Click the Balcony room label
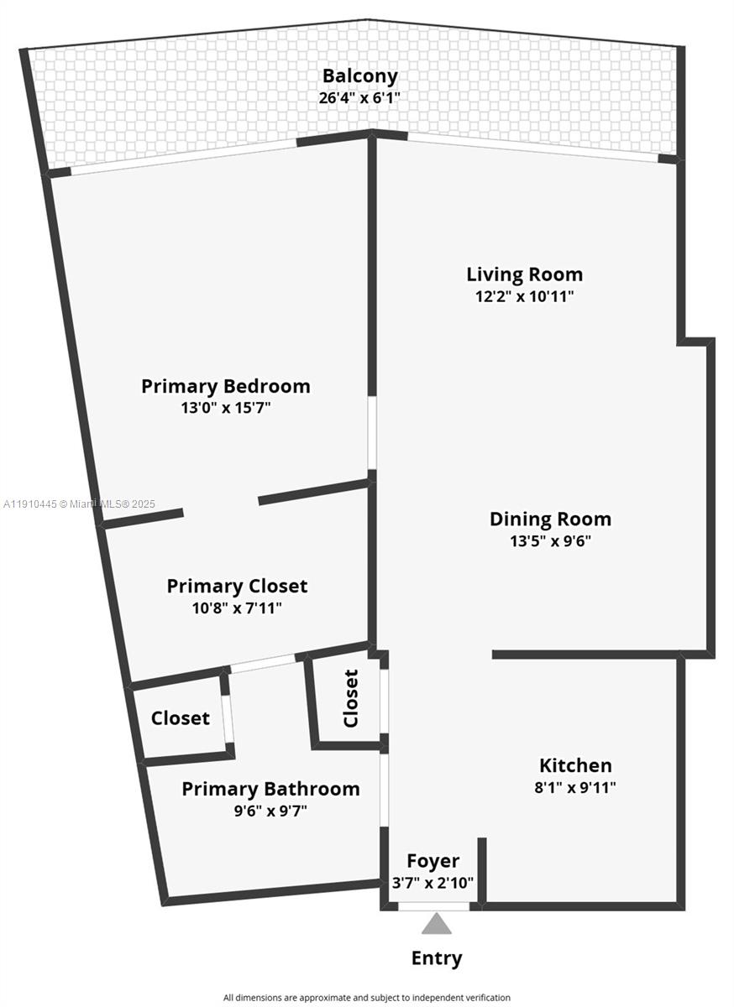pos(359,76)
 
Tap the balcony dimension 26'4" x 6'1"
pos(359,97)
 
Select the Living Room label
pos(524,274)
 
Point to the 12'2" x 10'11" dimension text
pos(524,296)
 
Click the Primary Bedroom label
pos(225,386)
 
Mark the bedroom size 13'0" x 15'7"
pos(225,408)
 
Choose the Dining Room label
pos(550,519)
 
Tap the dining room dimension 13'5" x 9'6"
pos(550,541)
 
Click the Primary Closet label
pos(237,586)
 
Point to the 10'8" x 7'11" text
pos(237,608)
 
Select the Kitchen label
pos(575,765)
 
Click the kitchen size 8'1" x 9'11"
pos(575,787)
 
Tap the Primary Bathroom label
pos(270,789)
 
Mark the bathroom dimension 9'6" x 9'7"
pos(270,811)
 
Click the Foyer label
pos(433,861)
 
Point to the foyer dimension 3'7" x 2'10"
pos(433,882)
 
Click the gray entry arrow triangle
pos(436,924)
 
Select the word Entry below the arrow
pos(436,958)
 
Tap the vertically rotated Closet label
pos(351,698)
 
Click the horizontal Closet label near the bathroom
pos(181,718)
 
